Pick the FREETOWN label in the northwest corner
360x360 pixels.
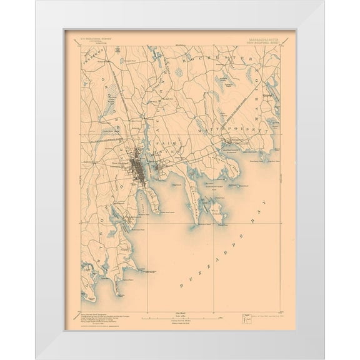pyautogui.click(x=92, y=57)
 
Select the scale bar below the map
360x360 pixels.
pyautogui.click(x=179, y=318)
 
